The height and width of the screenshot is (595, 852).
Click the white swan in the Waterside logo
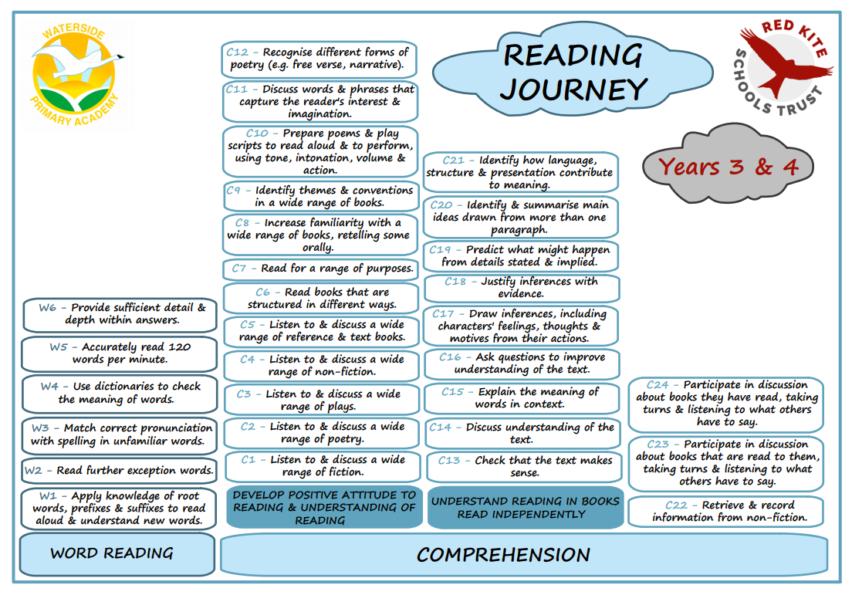(x=76, y=57)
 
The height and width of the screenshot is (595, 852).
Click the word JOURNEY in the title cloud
(x=574, y=90)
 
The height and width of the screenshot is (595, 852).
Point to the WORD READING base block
(x=117, y=553)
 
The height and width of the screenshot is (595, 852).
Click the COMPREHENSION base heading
(x=503, y=555)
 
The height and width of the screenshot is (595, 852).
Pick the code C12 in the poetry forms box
(x=237, y=52)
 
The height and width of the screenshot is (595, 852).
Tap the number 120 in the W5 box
(x=179, y=347)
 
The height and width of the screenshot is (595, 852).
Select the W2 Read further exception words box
(x=118, y=470)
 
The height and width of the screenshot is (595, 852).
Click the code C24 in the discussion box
(x=658, y=385)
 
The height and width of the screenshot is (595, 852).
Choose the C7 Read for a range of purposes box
(x=320, y=269)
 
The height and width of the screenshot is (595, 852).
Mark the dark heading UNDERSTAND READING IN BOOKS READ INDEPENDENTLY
(x=525, y=508)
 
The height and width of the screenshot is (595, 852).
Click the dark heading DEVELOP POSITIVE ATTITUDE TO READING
(x=324, y=508)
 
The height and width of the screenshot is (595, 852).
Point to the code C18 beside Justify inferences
(x=455, y=282)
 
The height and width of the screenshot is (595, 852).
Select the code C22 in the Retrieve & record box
(x=676, y=505)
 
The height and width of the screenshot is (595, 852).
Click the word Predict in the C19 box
(x=484, y=249)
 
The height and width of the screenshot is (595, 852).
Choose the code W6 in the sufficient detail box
(x=47, y=308)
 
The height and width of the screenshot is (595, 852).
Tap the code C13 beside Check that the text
(x=449, y=461)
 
